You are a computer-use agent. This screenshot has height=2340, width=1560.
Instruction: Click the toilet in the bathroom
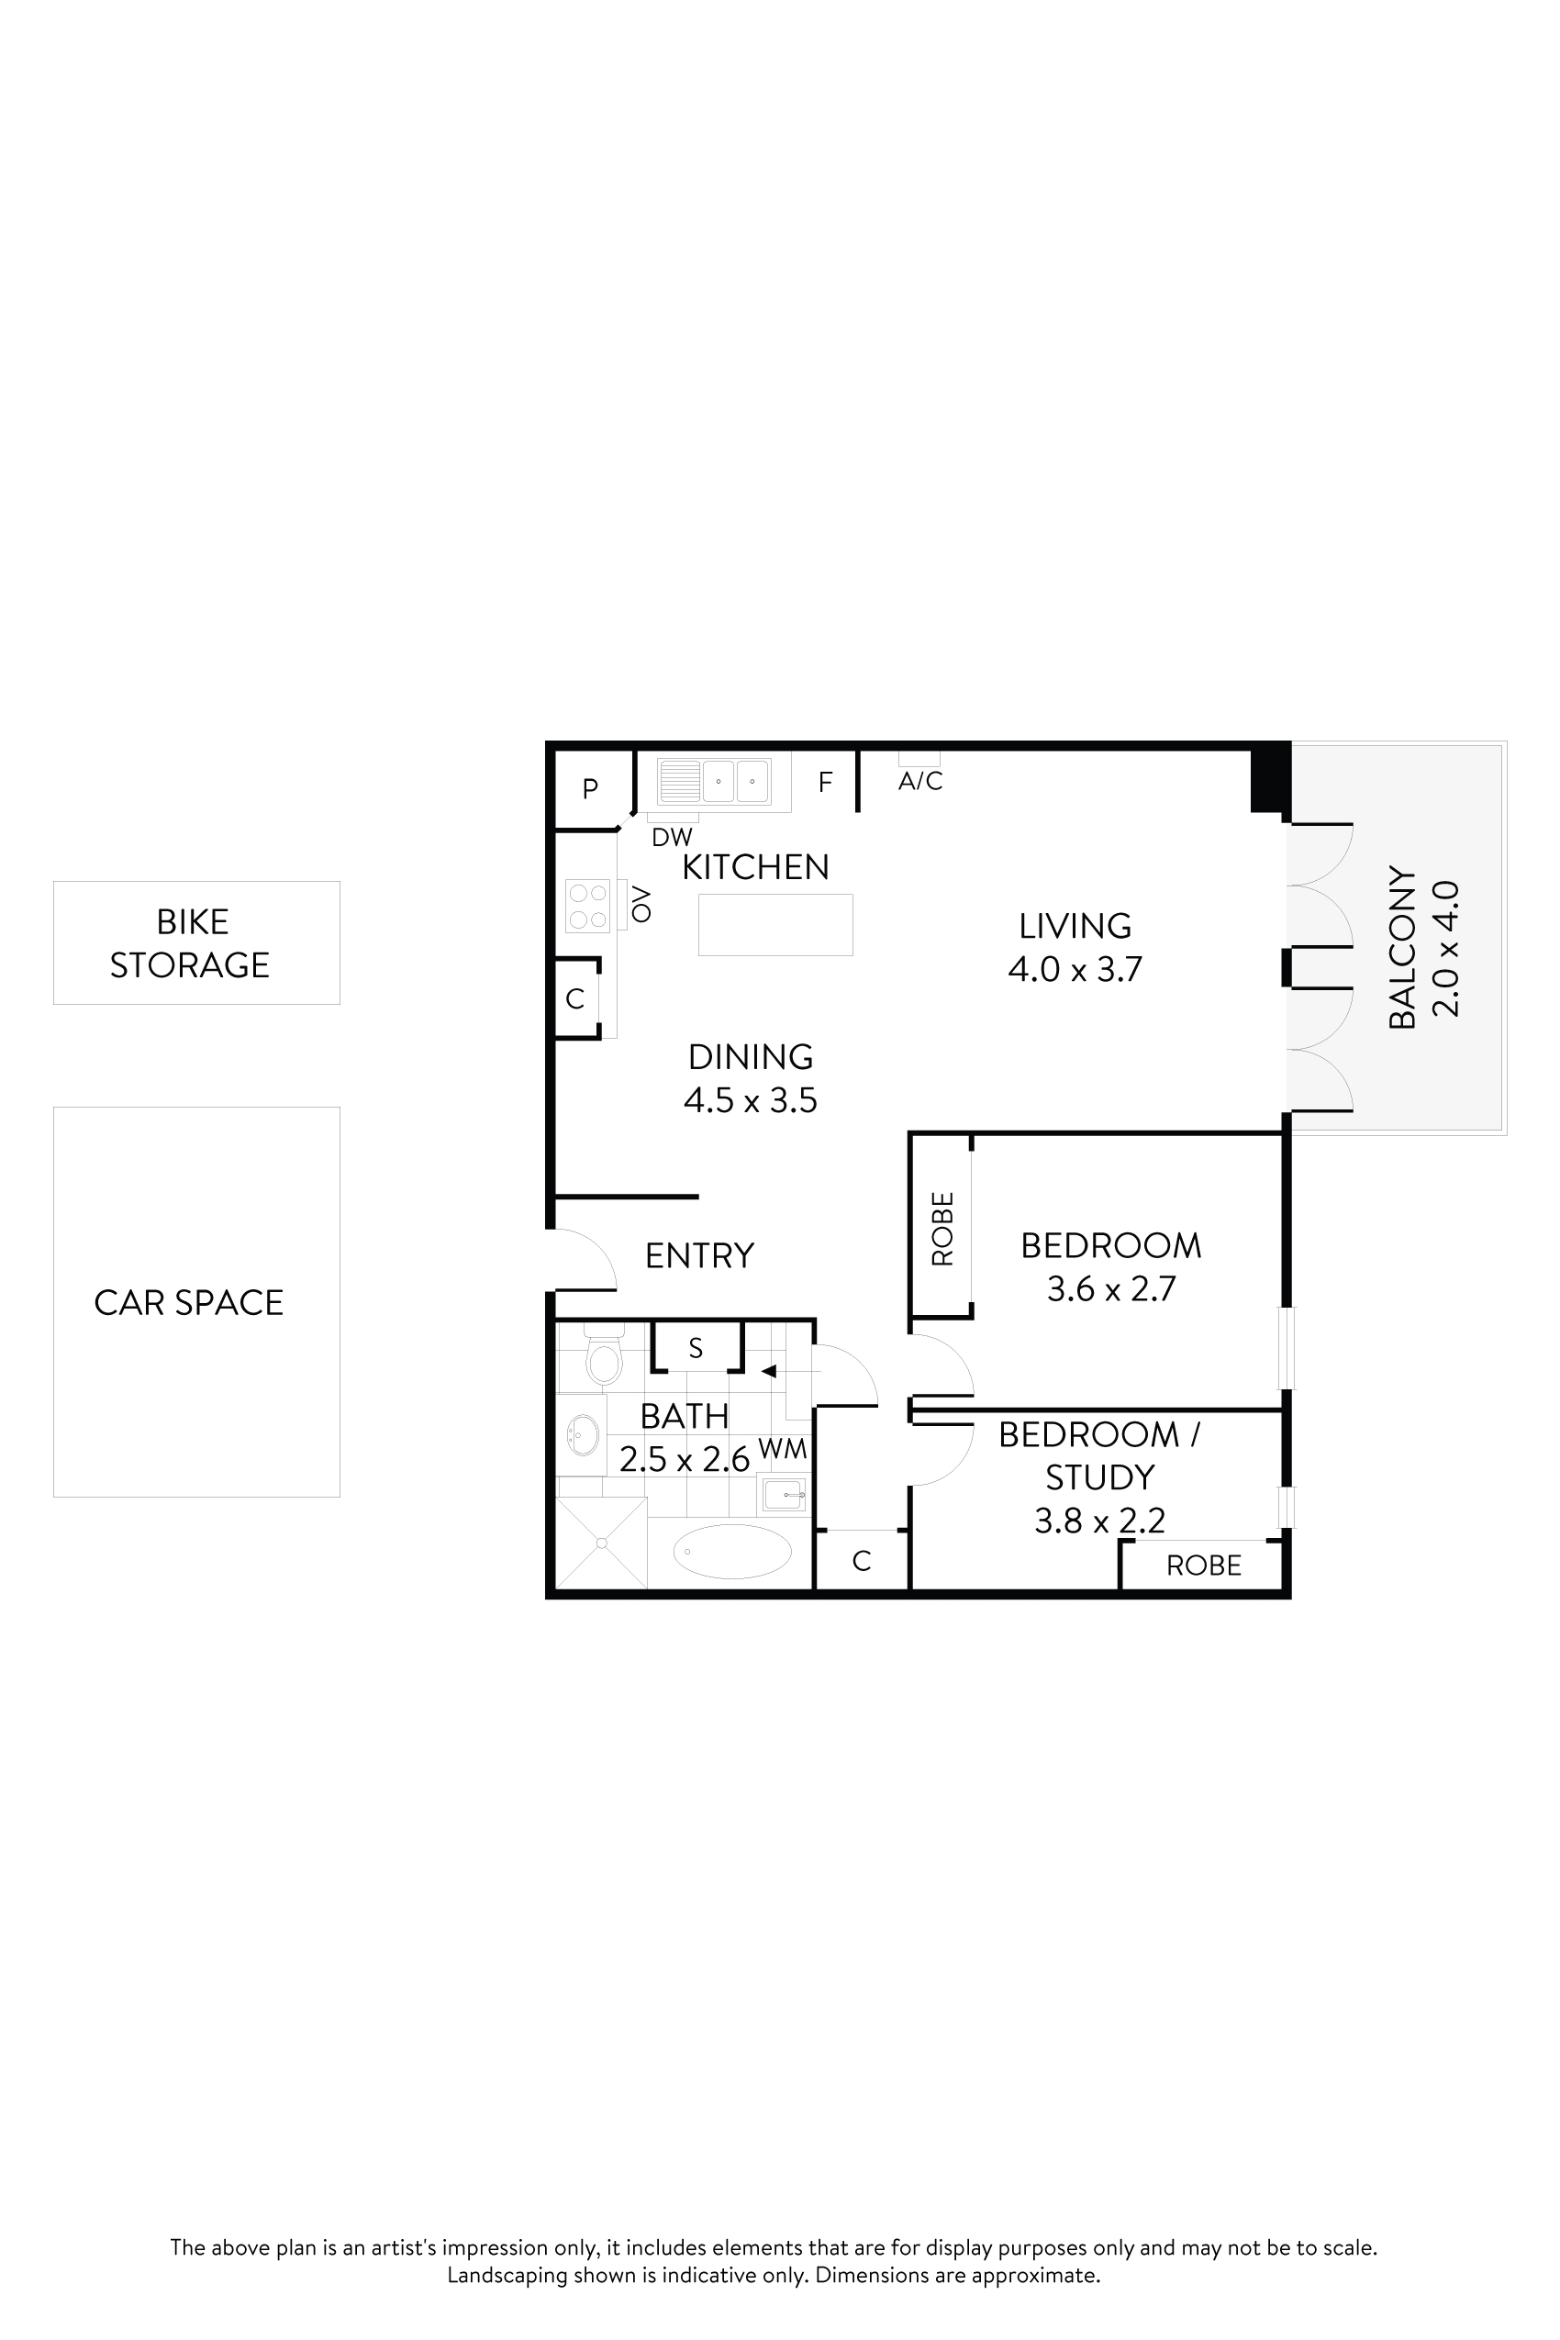[604, 1360]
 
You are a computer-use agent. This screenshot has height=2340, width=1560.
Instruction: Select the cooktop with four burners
[587, 906]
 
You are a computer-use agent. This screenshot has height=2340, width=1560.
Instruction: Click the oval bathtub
[732, 1551]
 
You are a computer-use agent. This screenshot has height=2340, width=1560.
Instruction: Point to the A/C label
[920, 781]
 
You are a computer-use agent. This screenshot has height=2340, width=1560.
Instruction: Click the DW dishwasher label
[672, 837]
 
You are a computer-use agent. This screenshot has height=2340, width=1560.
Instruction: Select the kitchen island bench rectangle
[775, 924]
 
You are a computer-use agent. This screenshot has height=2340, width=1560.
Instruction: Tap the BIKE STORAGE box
[196, 942]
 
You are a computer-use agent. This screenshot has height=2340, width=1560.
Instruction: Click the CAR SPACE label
[189, 1302]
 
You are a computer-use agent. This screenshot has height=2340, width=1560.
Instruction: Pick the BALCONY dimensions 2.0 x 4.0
[1445, 948]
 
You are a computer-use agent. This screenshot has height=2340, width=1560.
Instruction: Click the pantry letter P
[590, 789]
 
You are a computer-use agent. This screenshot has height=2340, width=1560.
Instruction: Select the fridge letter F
[825, 782]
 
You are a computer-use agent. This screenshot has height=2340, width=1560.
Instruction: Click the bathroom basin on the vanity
[582, 1433]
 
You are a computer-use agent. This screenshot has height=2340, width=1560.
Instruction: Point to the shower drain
[601, 1543]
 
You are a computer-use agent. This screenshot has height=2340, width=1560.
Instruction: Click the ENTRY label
[699, 1255]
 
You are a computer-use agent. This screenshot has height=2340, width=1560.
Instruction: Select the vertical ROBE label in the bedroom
[942, 1229]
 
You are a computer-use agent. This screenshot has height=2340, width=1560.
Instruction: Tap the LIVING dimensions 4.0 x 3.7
[1075, 969]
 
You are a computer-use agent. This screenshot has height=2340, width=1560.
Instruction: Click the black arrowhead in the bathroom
[768, 1371]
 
